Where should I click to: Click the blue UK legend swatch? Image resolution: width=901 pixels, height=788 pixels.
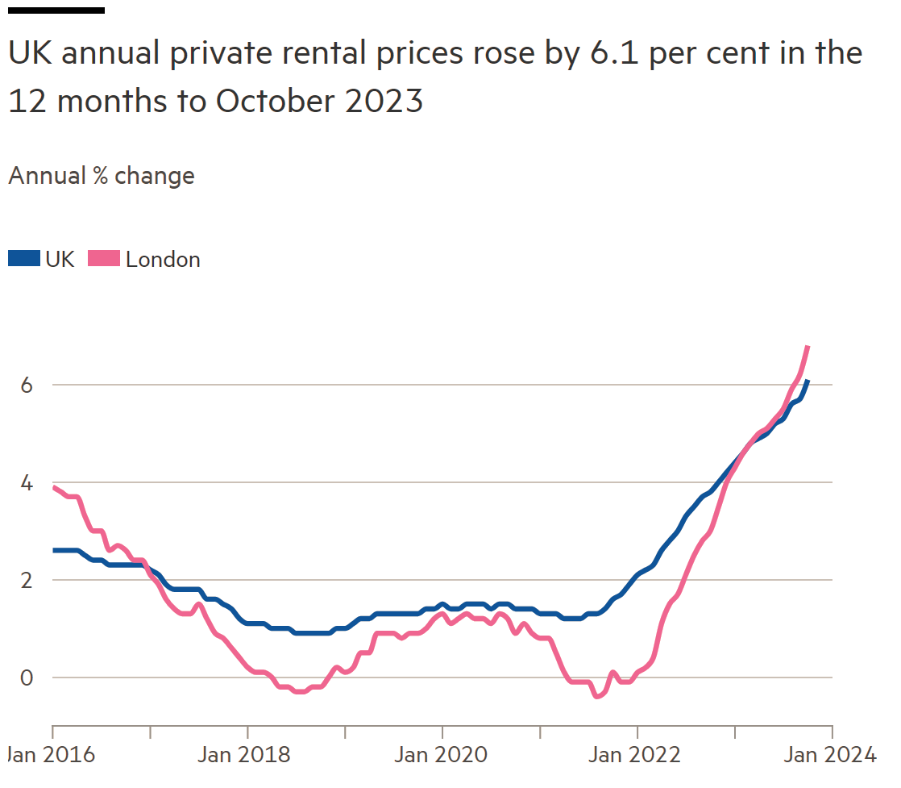click(x=24, y=259)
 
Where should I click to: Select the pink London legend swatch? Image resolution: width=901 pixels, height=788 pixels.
click(x=104, y=259)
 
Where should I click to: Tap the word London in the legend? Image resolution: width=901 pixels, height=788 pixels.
click(x=163, y=260)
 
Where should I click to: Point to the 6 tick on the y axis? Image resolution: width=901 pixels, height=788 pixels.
click(x=27, y=385)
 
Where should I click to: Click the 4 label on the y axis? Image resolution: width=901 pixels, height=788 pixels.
click(x=27, y=482)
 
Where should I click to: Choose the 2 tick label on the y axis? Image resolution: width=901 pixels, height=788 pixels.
click(x=27, y=581)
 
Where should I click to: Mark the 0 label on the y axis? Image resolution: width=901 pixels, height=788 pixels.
click(x=27, y=678)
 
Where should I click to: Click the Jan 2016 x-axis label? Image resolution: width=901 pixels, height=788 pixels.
click(x=51, y=755)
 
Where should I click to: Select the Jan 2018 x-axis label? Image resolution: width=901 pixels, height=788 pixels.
click(x=244, y=755)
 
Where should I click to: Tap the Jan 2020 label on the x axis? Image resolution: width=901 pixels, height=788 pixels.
click(x=441, y=755)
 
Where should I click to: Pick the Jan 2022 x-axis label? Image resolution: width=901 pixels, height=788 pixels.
click(x=634, y=755)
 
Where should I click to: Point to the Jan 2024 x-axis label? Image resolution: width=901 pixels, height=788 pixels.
click(x=830, y=755)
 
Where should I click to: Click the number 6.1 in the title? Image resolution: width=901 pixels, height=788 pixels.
click(x=614, y=53)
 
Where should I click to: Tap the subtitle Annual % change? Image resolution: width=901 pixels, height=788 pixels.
click(x=102, y=176)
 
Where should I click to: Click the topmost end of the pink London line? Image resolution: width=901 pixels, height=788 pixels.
click(x=808, y=347)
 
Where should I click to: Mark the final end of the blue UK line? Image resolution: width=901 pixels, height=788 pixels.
click(x=808, y=381)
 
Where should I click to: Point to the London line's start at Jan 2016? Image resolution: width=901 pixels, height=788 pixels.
click(x=53, y=488)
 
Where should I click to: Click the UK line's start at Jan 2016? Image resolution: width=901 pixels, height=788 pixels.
click(x=53, y=550)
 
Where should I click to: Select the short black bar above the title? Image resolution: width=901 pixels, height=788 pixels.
click(x=56, y=10)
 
